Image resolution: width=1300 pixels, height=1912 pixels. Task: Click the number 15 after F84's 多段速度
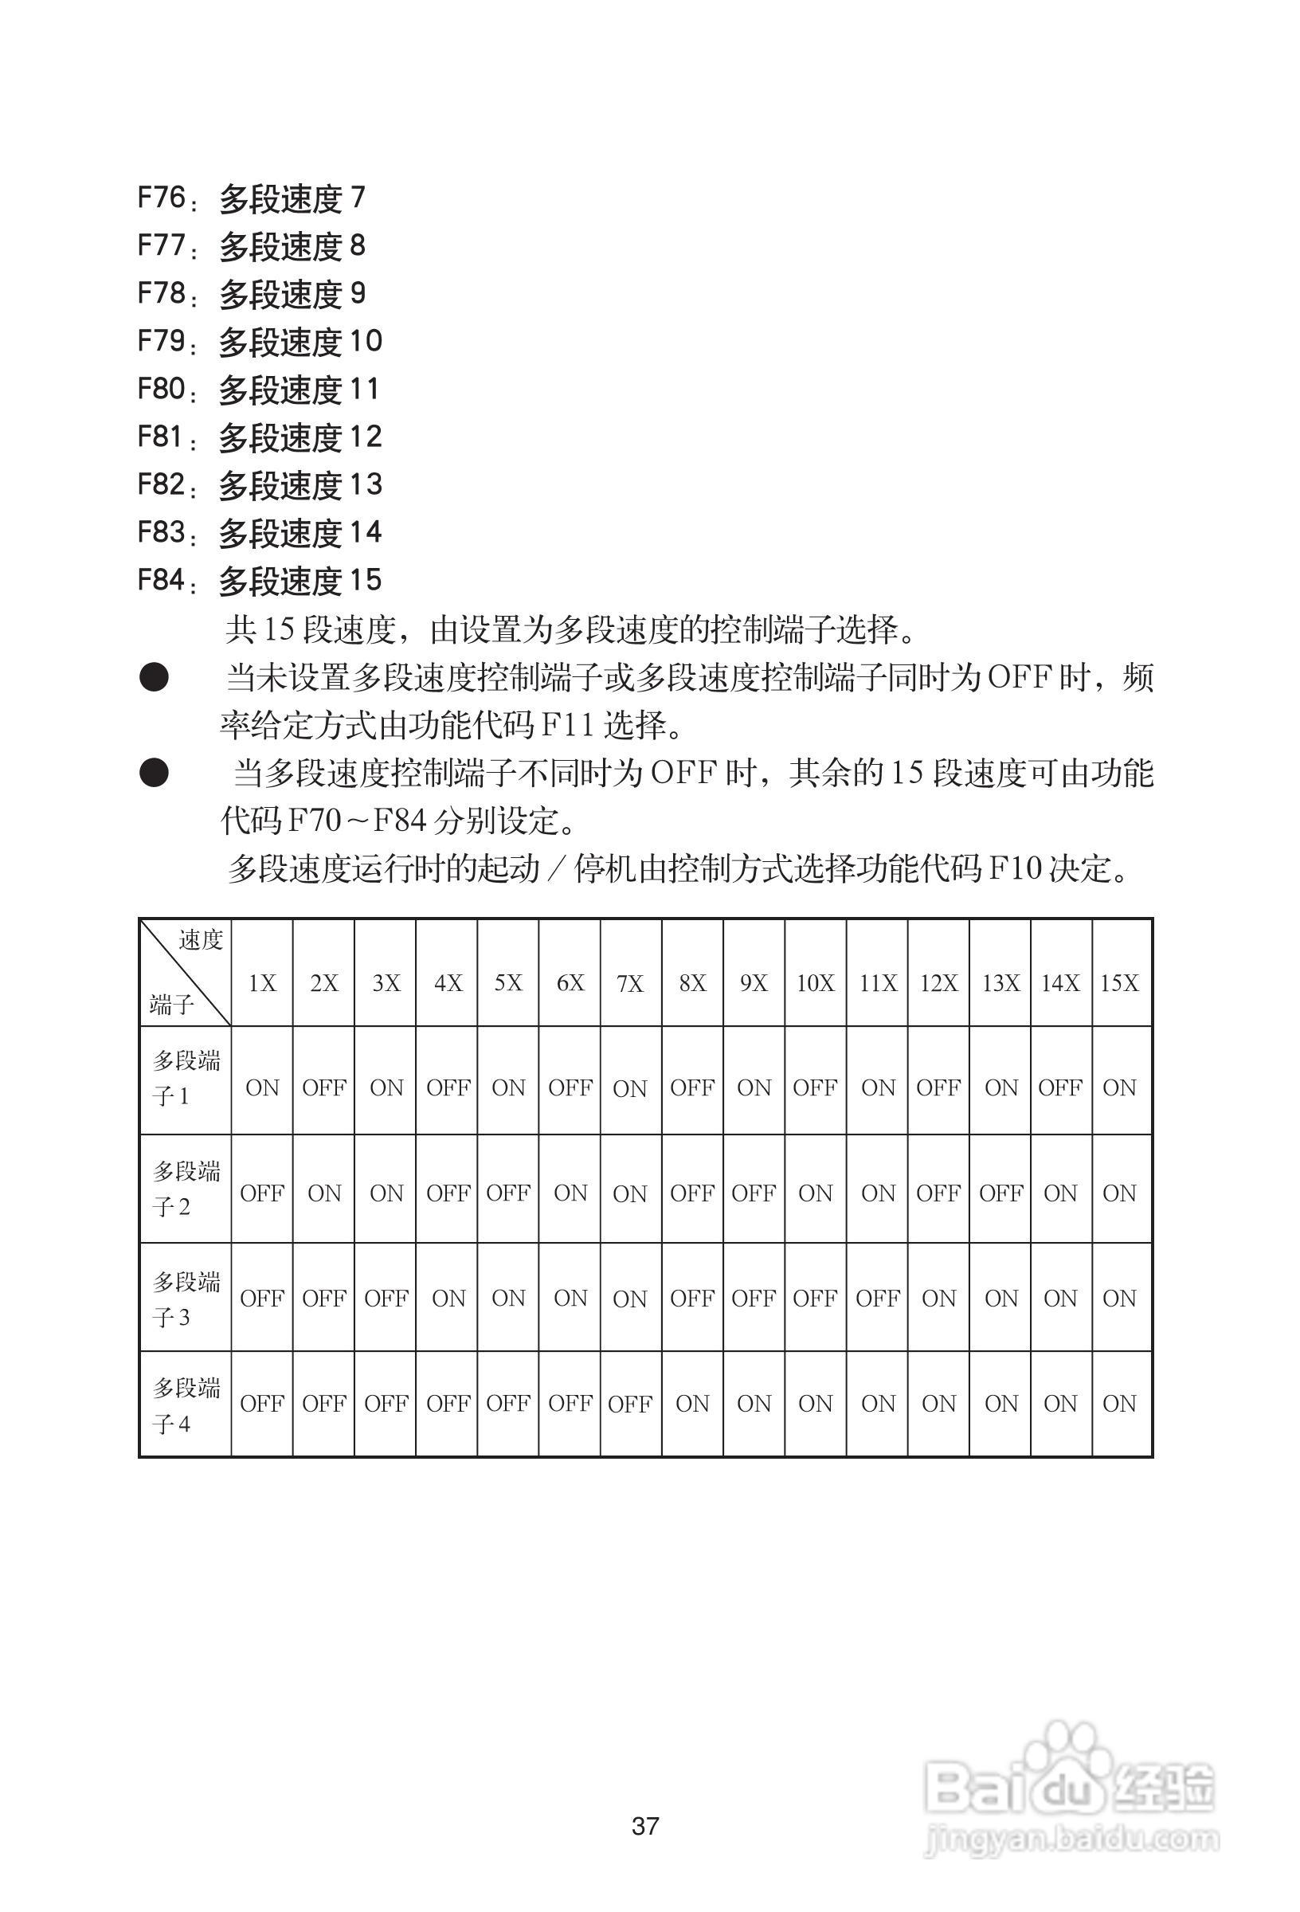click(x=366, y=580)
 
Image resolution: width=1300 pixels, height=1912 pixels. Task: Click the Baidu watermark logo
click(x=1070, y=1785)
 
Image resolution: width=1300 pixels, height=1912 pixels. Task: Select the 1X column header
click(x=262, y=983)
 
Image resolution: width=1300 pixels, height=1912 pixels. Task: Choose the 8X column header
click(x=693, y=983)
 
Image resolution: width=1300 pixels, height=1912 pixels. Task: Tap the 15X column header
click(x=1120, y=983)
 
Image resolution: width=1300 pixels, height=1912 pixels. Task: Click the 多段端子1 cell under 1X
click(x=262, y=1087)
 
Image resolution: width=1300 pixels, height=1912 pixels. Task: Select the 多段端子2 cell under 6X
click(x=570, y=1193)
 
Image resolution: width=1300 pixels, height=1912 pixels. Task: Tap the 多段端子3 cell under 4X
click(x=448, y=1299)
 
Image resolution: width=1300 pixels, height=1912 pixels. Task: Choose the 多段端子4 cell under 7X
click(x=630, y=1404)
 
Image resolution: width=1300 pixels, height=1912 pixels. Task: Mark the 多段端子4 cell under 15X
click(x=1120, y=1404)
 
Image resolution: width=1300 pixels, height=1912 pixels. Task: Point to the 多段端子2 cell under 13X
click(x=1000, y=1193)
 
